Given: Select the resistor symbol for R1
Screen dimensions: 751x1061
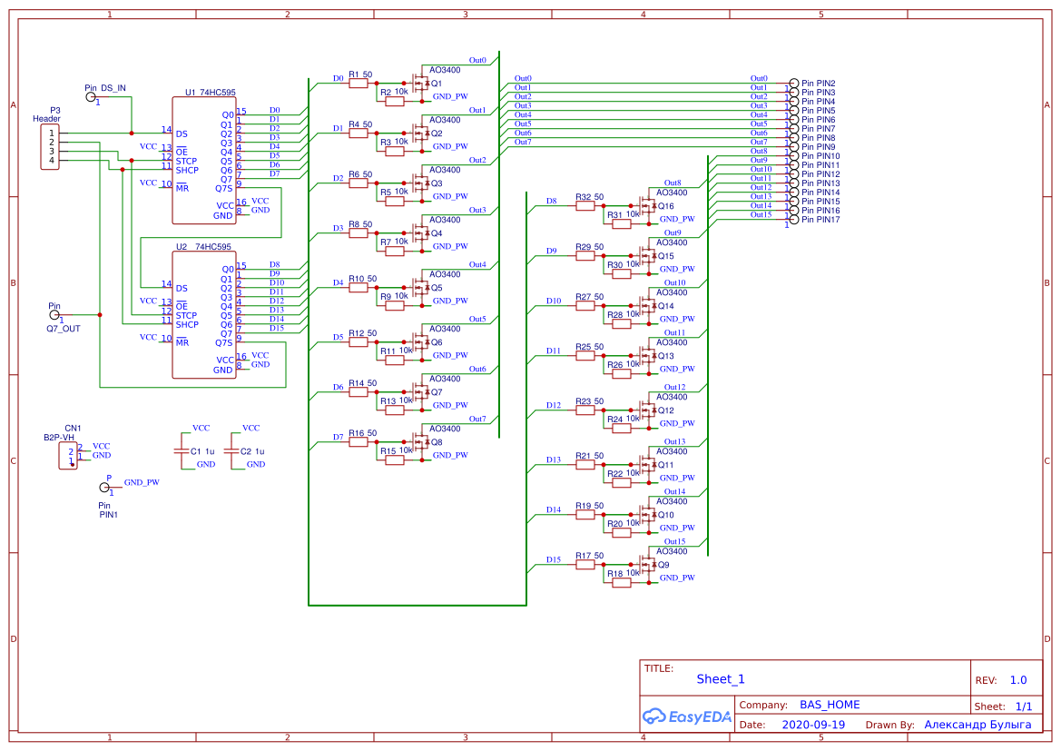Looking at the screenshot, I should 359,84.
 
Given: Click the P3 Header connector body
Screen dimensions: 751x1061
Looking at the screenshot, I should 51,147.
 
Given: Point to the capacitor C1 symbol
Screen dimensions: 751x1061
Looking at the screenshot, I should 182,450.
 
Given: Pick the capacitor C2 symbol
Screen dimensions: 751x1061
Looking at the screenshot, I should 231,450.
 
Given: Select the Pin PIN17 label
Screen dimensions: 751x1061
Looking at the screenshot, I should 820,220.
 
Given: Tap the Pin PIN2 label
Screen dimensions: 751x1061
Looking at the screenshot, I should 819,84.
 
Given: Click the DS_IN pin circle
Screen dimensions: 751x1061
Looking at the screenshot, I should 91,96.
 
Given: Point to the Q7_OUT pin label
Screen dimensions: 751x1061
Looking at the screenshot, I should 63,328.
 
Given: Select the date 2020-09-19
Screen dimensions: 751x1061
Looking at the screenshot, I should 812,725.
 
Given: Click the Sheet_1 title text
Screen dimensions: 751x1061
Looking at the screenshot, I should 721,679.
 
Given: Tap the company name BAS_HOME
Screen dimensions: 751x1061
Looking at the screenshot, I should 829,705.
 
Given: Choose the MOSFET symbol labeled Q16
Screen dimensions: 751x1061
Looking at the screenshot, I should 646,206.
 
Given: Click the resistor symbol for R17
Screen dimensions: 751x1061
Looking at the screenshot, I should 585,565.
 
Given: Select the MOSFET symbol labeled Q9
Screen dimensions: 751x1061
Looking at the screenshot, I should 646,565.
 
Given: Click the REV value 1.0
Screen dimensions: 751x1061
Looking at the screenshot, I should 1017,680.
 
